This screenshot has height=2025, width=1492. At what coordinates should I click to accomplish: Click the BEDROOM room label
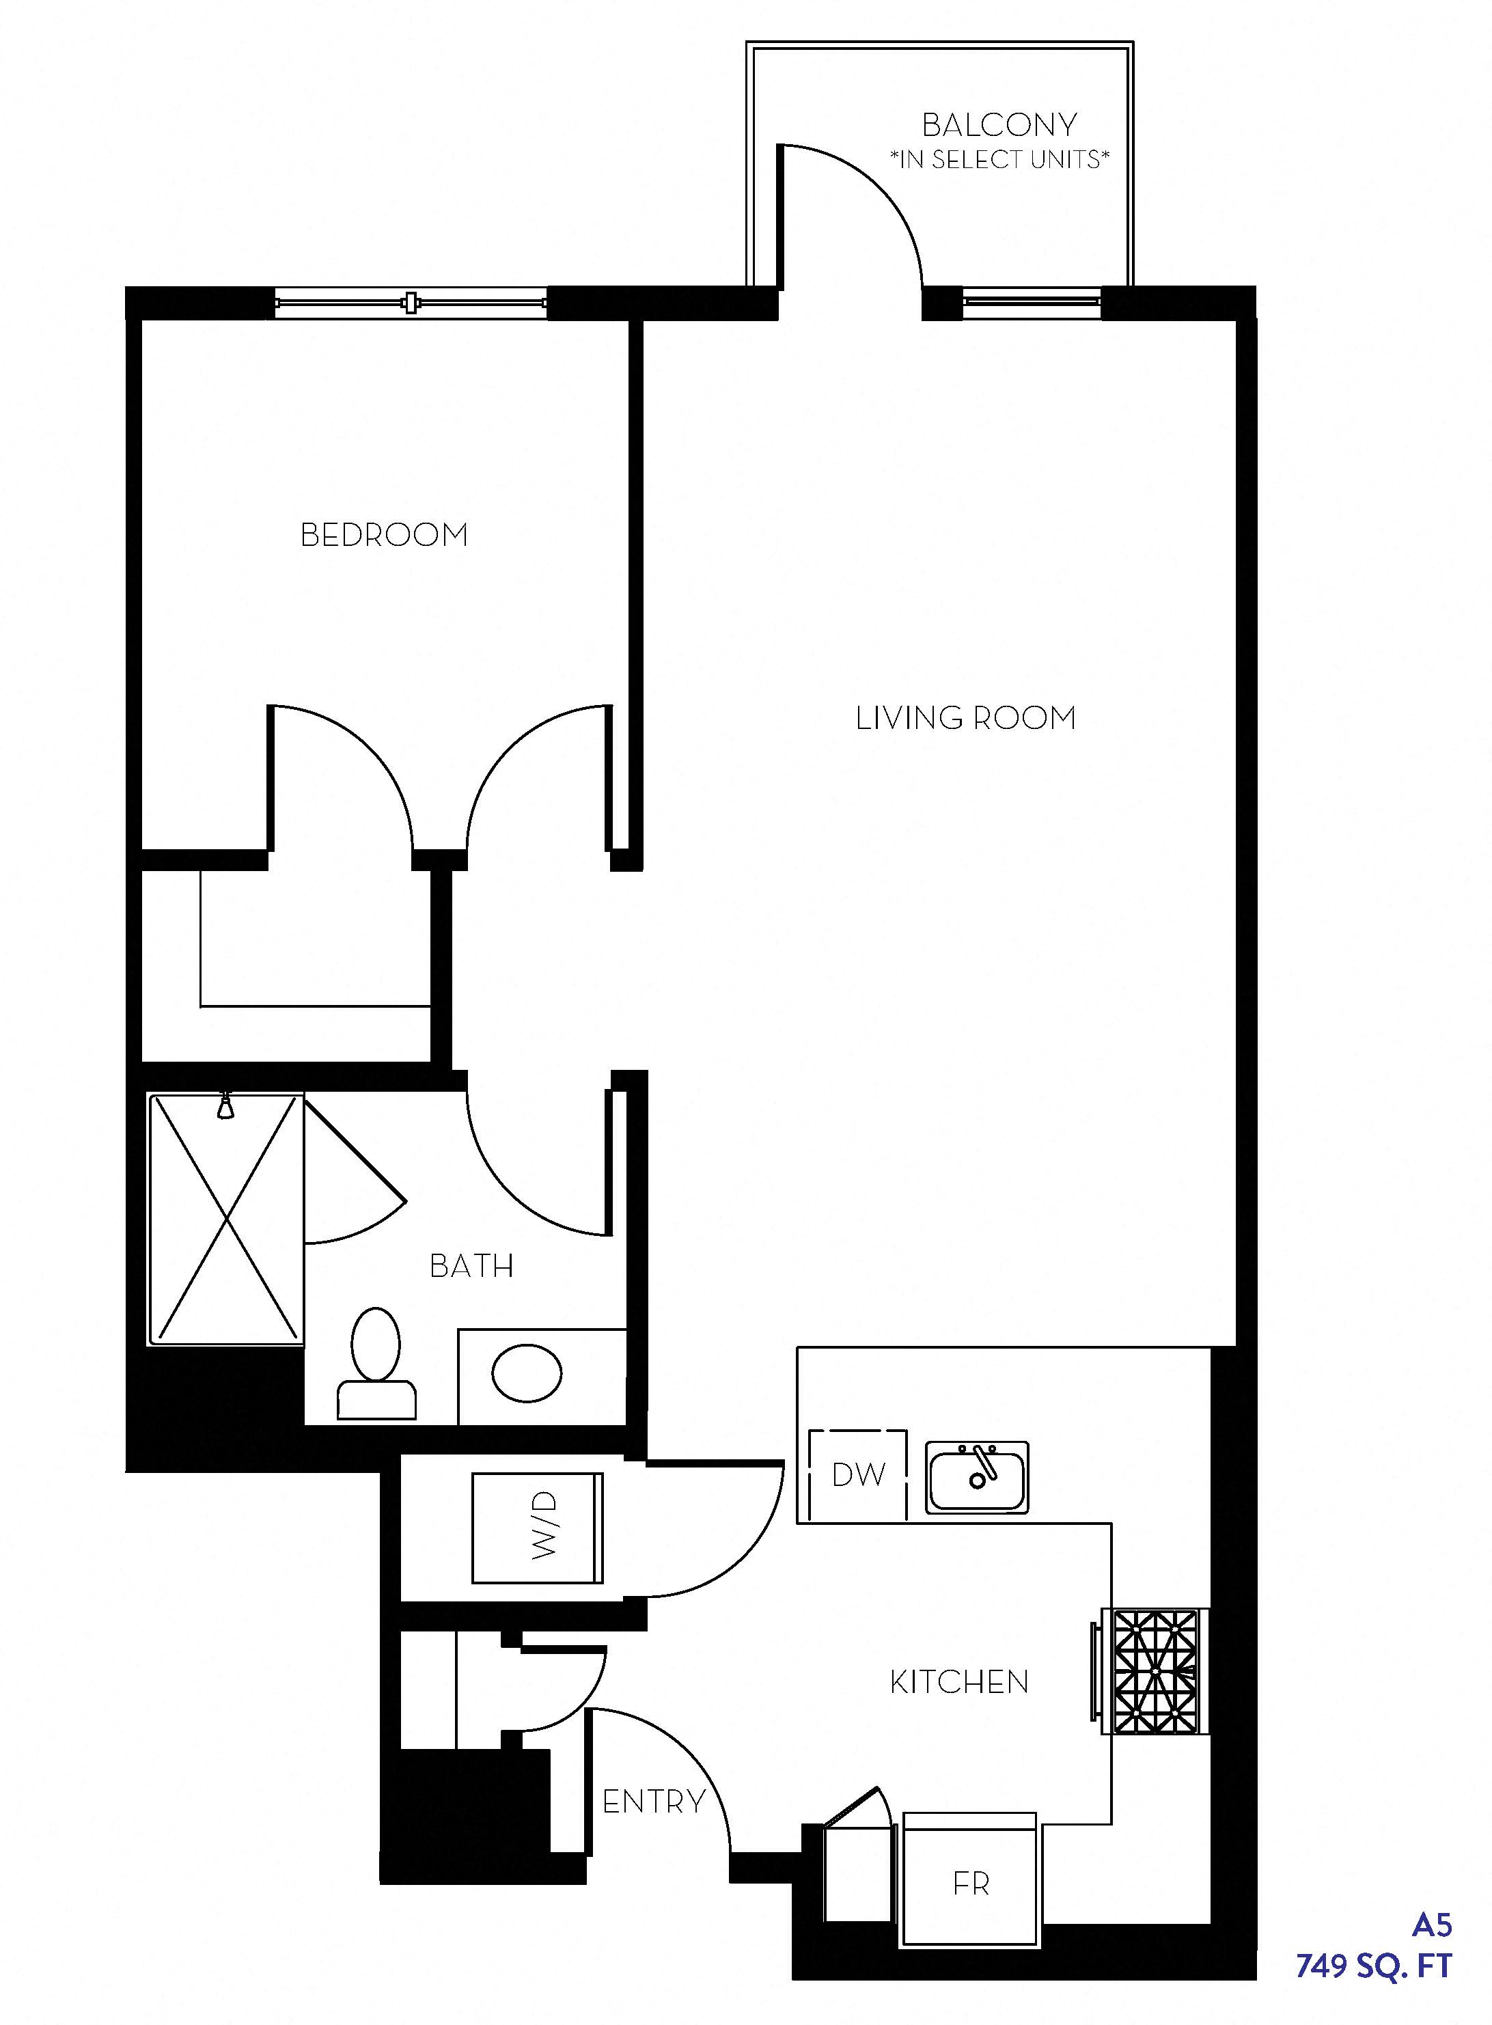point(384,535)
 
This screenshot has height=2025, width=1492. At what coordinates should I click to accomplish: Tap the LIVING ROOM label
point(965,718)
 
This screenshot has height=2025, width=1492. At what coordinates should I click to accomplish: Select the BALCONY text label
point(999,124)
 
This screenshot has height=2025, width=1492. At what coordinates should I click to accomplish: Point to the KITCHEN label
point(959,1682)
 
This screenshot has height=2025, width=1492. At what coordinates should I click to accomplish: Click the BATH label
point(471,1266)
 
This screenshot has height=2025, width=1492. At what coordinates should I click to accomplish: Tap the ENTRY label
point(654,1802)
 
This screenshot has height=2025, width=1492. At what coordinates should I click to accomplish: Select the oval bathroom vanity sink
point(527,1373)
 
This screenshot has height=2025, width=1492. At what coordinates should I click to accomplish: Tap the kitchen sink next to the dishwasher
point(976,1478)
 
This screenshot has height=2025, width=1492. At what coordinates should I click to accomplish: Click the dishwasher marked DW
point(858,1475)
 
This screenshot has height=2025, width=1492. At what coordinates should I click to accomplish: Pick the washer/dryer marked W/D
point(538,1528)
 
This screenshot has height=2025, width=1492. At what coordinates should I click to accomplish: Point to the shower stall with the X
point(226,1220)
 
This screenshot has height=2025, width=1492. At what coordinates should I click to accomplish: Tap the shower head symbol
point(225,1106)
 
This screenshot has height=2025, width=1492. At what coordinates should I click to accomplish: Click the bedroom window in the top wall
point(411,303)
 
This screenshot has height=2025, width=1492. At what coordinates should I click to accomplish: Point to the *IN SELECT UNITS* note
point(999,160)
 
